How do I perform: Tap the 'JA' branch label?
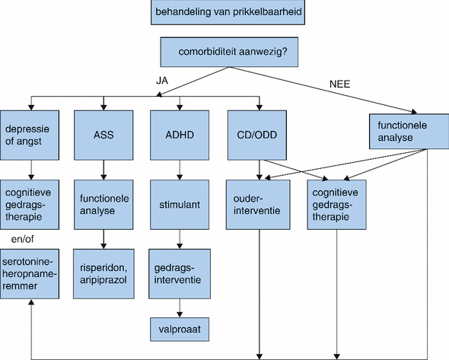161,79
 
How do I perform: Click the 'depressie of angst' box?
30,135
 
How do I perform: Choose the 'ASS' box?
103,135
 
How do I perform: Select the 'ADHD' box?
180,135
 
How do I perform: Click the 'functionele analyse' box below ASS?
103,204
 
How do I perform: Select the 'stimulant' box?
180,204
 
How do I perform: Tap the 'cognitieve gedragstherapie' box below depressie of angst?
30,204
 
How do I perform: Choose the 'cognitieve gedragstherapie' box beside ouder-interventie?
336,204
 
